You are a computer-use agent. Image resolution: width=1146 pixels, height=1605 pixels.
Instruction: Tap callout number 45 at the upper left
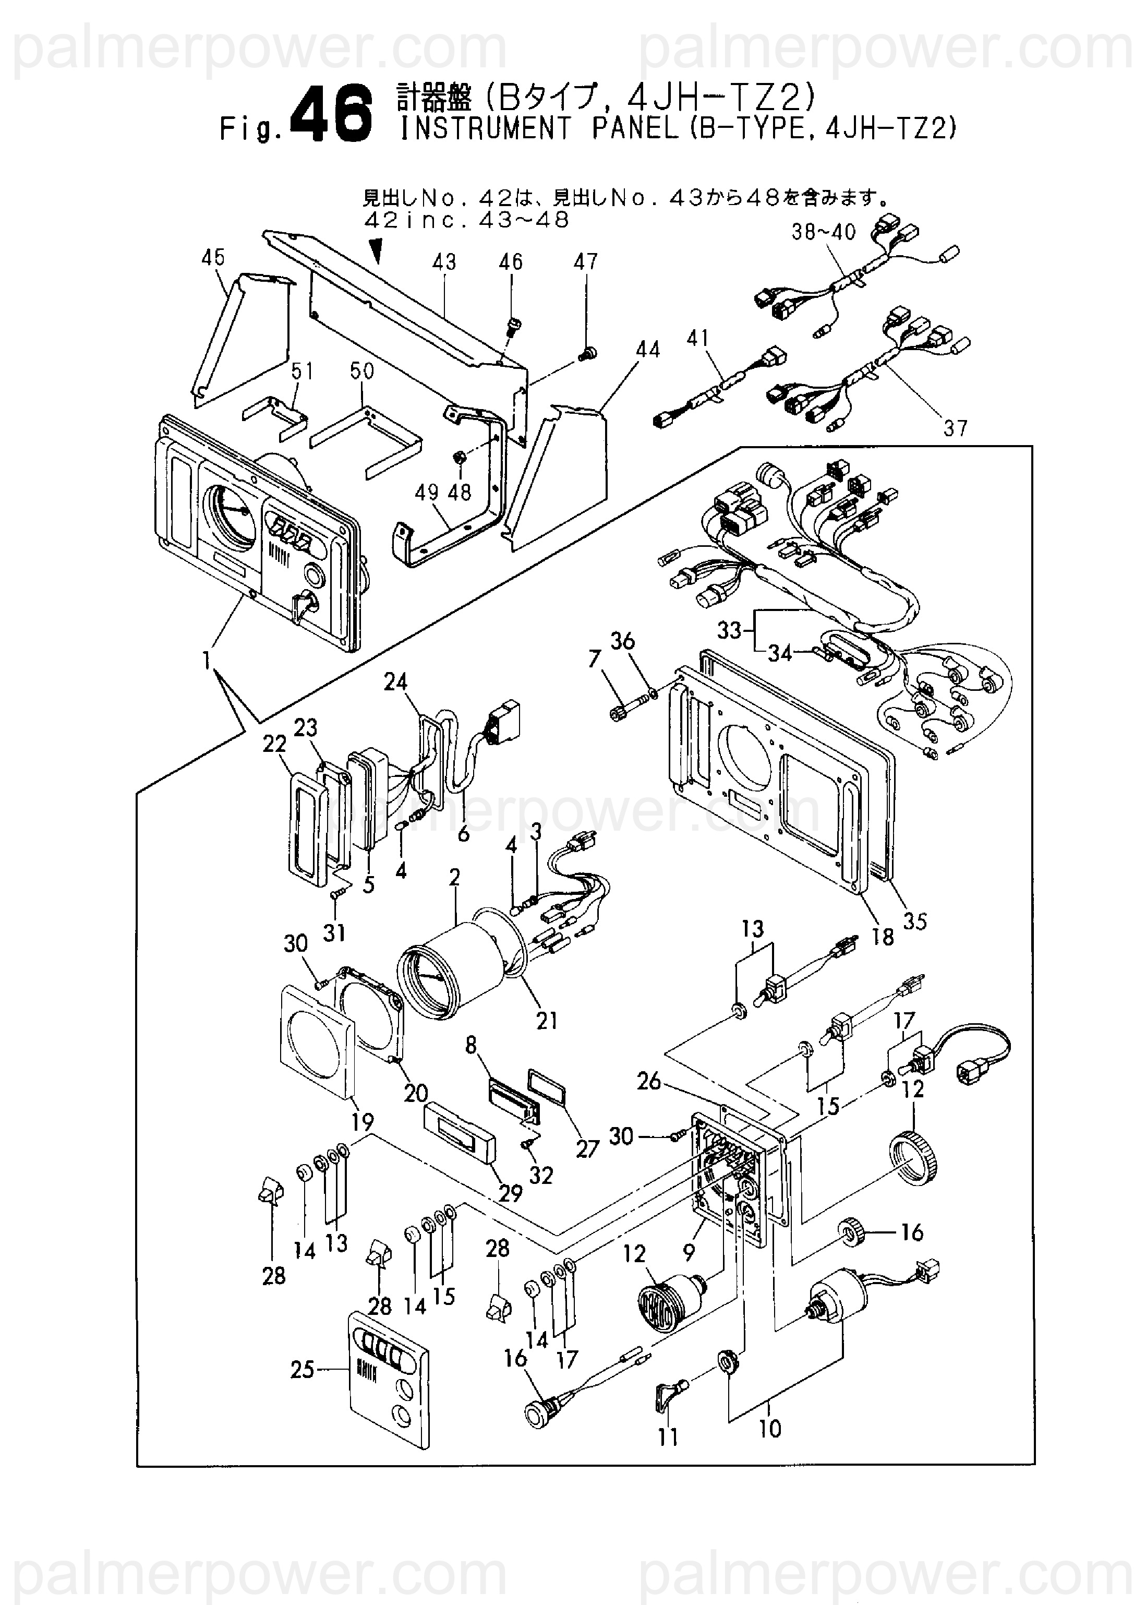(x=213, y=258)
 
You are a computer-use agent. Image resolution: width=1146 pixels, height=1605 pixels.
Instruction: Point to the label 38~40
(x=824, y=232)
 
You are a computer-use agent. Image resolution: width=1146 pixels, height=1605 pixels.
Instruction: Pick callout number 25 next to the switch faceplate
(x=302, y=1370)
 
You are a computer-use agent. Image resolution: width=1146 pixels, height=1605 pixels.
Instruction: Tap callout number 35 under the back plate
(x=914, y=920)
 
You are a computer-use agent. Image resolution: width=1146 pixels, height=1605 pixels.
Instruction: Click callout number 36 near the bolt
(x=622, y=641)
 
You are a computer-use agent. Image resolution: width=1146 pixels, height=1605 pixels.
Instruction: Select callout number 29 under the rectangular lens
(x=510, y=1192)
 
